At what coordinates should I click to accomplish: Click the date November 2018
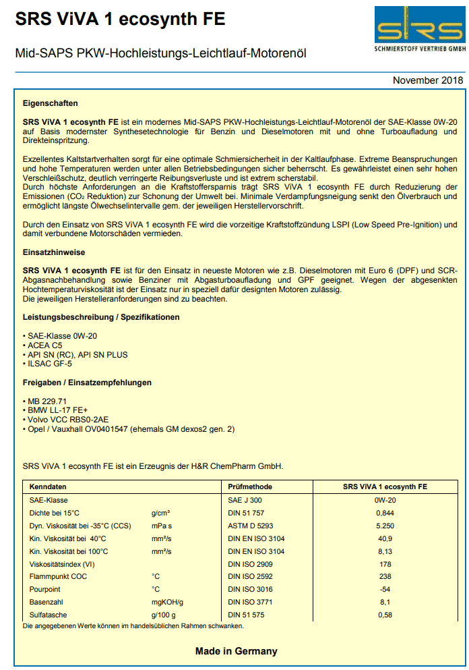[x=428, y=81]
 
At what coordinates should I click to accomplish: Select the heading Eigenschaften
[x=50, y=104]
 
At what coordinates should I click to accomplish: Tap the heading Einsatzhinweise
[x=55, y=252]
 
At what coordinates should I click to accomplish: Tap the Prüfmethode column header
[x=250, y=486]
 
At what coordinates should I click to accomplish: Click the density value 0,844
[x=385, y=513]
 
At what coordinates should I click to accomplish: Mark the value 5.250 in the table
[x=385, y=526]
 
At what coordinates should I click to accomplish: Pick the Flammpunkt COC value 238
[x=385, y=577]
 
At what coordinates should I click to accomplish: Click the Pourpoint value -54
[x=385, y=590]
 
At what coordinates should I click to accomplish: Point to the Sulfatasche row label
[x=49, y=615]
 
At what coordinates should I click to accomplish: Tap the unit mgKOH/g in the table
[x=167, y=603]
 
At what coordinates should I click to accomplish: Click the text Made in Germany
[x=236, y=652]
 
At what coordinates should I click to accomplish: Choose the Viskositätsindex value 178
[x=385, y=564]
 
